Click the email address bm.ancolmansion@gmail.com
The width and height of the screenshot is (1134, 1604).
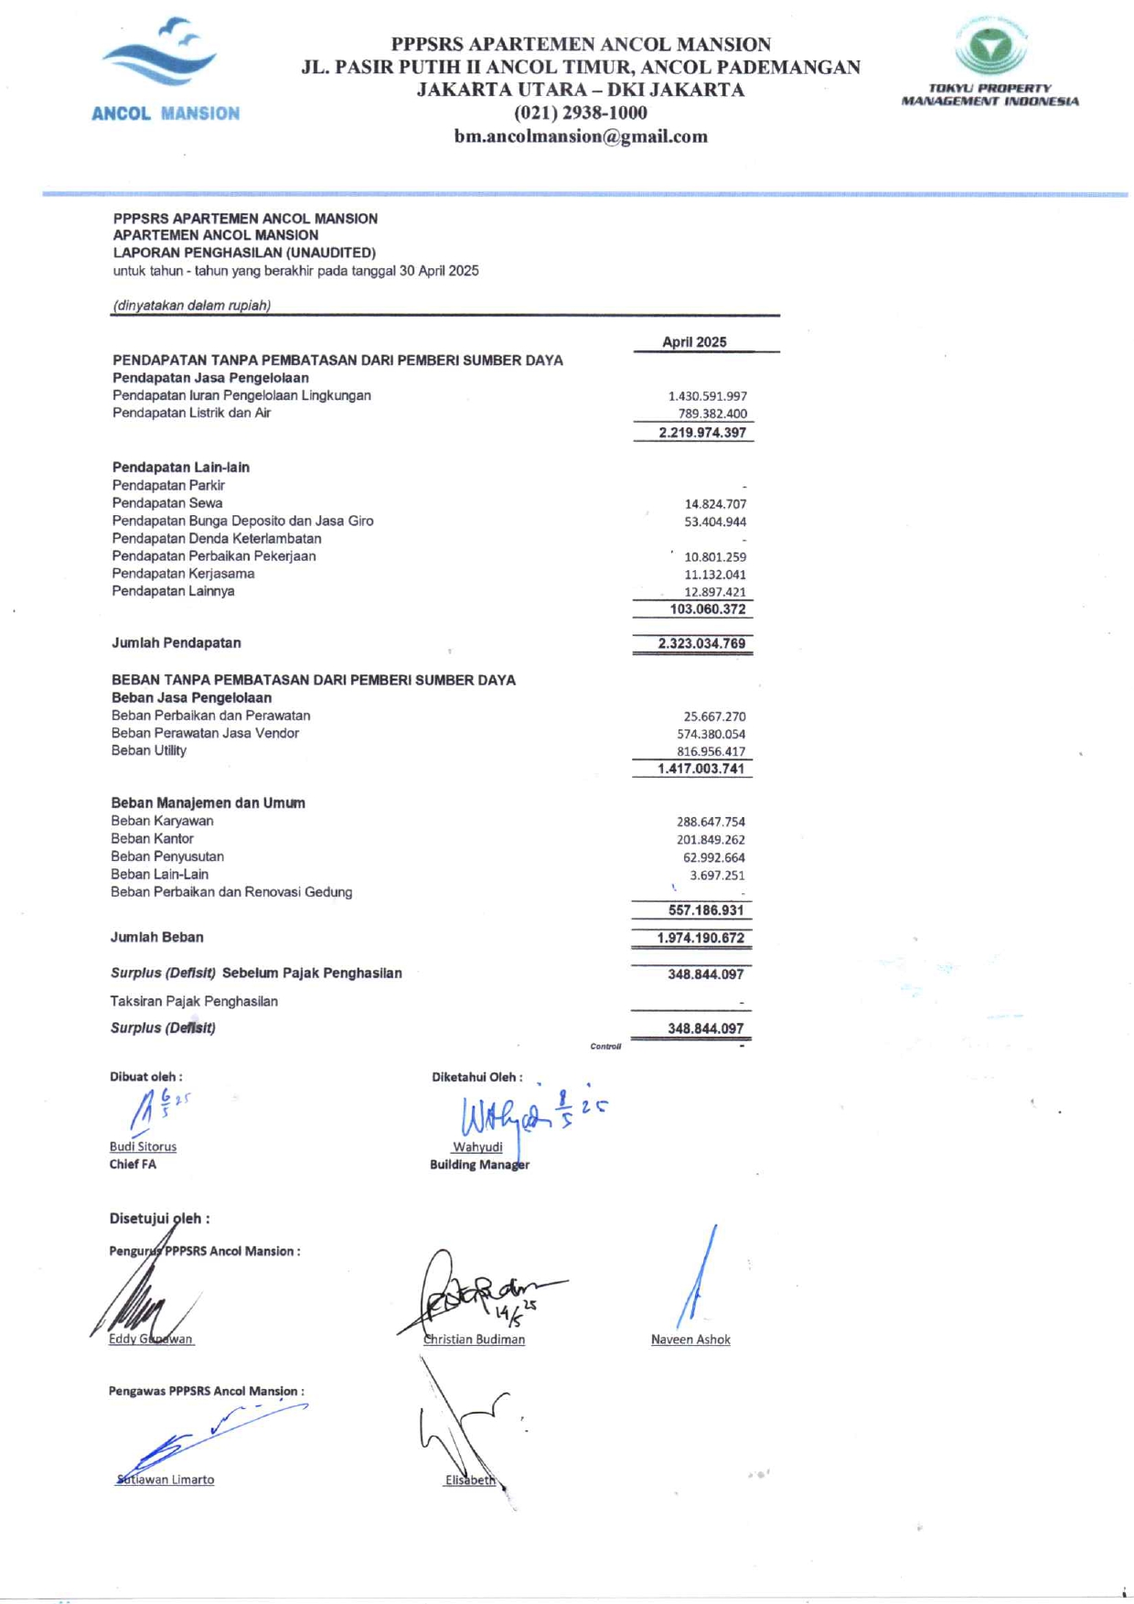pos(581,136)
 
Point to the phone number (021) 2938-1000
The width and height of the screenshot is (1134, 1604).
pos(581,113)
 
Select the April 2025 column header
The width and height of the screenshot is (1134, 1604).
pos(694,342)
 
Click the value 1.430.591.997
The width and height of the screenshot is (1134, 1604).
pos(707,396)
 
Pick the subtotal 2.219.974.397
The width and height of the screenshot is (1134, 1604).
pos(702,433)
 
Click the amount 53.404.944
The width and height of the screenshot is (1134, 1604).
pos(715,522)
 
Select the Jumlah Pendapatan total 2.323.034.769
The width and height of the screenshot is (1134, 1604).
pos(701,644)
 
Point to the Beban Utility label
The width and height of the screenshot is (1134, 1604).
pos(149,750)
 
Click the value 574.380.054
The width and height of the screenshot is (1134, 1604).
pos(711,734)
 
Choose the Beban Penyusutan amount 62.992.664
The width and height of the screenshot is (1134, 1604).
pos(713,857)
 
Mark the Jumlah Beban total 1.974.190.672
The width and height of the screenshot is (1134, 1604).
pos(701,938)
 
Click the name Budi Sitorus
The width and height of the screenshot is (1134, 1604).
pos(143,1146)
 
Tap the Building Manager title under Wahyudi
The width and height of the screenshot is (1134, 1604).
pos(479,1165)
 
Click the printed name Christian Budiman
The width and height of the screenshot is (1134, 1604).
pos(475,1340)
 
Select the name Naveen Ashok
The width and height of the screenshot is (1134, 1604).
pos(690,1340)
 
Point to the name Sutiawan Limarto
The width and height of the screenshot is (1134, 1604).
pos(166,1480)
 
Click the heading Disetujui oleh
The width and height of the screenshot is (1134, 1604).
pos(159,1219)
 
